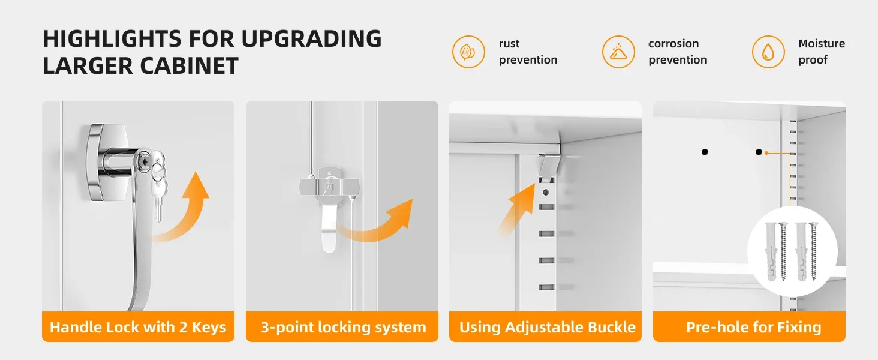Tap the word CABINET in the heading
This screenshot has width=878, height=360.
pyautogui.click(x=190, y=66)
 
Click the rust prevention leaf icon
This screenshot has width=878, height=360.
pyautogui.click(x=468, y=52)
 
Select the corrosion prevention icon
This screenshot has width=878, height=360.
pyautogui.click(x=618, y=52)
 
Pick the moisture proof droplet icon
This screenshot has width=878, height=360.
pyautogui.click(x=768, y=52)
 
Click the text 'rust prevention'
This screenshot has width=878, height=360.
pyautogui.click(x=528, y=52)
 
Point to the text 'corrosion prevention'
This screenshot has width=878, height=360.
pyautogui.click(x=678, y=52)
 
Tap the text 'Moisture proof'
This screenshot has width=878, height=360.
pyautogui.click(x=821, y=52)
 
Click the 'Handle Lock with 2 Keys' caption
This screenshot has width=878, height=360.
pyautogui.click(x=138, y=327)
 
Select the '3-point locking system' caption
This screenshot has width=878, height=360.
pyautogui.click(x=343, y=328)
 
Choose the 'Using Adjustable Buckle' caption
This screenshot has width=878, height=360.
pyautogui.click(x=547, y=327)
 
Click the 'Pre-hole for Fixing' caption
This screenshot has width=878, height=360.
pyautogui.click(x=753, y=327)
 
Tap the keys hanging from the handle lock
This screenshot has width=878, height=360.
pyautogui.click(x=157, y=180)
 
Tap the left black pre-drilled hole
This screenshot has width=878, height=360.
pyautogui.click(x=705, y=152)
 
